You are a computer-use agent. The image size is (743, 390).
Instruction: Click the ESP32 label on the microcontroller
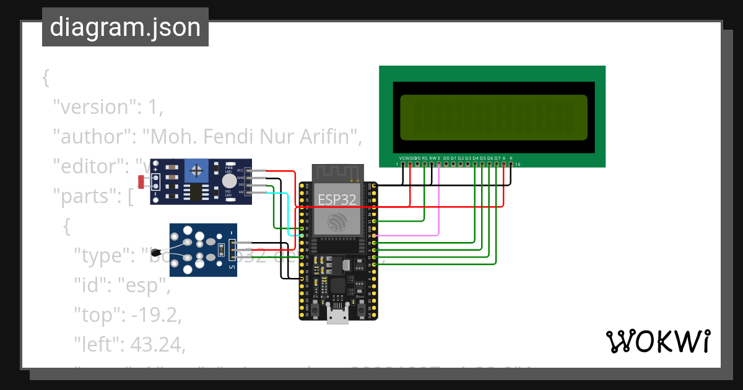(337, 199)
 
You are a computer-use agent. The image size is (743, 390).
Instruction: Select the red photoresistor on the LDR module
(141, 182)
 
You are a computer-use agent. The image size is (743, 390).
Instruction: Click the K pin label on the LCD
(511, 158)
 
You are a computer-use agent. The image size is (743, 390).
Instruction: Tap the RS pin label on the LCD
(424, 158)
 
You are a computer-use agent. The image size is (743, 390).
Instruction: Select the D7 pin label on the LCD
(497, 158)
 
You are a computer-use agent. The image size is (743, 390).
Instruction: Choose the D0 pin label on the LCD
(446, 158)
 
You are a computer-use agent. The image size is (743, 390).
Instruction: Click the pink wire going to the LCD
(439, 204)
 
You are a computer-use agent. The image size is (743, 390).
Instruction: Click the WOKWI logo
(658, 340)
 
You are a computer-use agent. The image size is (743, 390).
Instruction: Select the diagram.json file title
(125, 27)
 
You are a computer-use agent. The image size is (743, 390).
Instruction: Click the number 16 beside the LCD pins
(518, 165)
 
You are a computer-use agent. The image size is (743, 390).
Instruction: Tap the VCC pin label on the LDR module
(240, 170)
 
